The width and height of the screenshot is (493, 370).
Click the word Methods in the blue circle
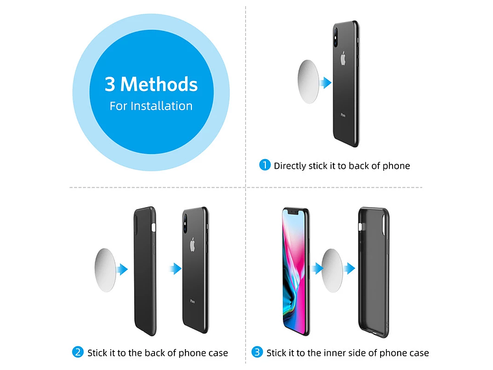pos(159,84)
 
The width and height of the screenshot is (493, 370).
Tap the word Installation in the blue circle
pos(162,106)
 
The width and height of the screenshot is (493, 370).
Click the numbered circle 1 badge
pos(265,165)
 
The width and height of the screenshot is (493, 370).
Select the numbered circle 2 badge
pos(78,352)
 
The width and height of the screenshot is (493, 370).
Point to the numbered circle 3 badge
pos(257,352)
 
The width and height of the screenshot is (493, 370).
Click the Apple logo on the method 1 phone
pos(343,59)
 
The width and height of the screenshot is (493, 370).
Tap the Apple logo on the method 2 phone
pos(193,245)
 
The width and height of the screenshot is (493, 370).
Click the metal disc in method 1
pos(308,82)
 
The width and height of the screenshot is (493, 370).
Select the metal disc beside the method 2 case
pos(105,270)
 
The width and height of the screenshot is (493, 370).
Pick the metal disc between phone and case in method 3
pos(332,270)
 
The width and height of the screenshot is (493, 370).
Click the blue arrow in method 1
pos(326,82)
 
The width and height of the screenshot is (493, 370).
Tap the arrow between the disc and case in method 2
pos(123,269)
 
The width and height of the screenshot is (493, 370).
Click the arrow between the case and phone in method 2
pos(176,269)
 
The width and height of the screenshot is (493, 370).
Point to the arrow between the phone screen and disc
pos(318,268)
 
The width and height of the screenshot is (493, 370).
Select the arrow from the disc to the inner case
pos(349,268)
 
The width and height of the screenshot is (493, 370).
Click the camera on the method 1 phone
pos(336,37)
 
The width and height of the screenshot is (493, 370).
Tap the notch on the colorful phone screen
pos(293,212)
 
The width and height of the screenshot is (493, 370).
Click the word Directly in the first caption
pos(290,166)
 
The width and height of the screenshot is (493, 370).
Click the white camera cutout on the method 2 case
pos(154,227)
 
